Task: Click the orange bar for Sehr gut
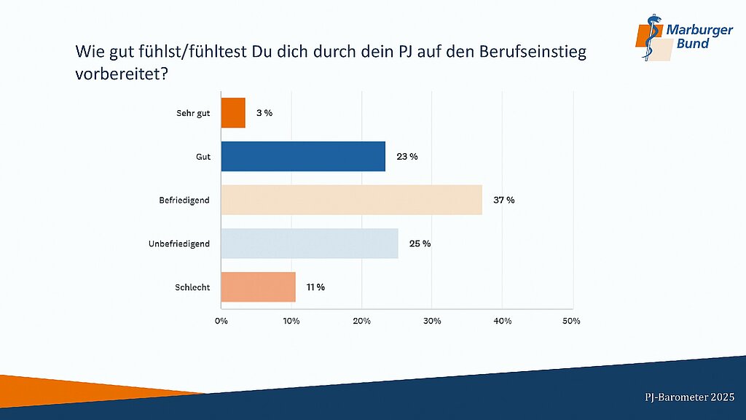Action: tap(233, 113)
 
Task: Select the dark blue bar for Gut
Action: tap(303, 157)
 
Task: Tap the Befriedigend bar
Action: tap(351, 200)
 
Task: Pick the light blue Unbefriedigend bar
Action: tap(310, 244)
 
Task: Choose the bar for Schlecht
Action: tap(258, 287)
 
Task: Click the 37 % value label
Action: tap(503, 201)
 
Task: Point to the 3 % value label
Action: tap(264, 113)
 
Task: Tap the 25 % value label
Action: tap(420, 244)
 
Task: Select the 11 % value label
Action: tap(315, 287)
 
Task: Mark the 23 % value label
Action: tap(407, 157)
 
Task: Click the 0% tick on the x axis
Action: tap(221, 321)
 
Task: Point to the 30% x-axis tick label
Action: tap(432, 321)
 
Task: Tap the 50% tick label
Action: tap(572, 321)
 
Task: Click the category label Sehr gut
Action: tap(193, 113)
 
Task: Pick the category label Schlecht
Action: tap(193, 287)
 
